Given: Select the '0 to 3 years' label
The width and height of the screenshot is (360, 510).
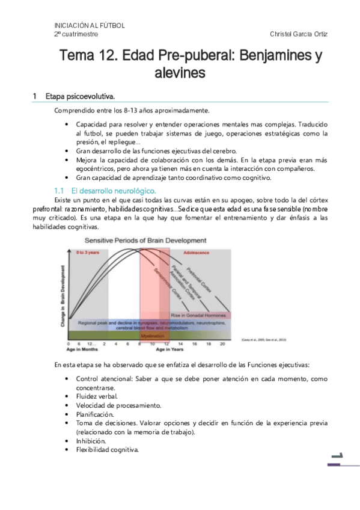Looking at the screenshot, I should pos(88,253).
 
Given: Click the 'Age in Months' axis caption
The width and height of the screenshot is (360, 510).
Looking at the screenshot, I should pos(82,349).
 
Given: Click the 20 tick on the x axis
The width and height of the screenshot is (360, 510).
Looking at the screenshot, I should pos(222,343).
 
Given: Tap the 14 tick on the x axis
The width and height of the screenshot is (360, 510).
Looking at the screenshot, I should pos(179,343).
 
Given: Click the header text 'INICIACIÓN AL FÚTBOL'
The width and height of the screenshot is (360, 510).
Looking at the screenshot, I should pos(90,26).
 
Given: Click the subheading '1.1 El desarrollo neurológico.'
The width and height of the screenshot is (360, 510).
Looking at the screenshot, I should pos(105,190).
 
